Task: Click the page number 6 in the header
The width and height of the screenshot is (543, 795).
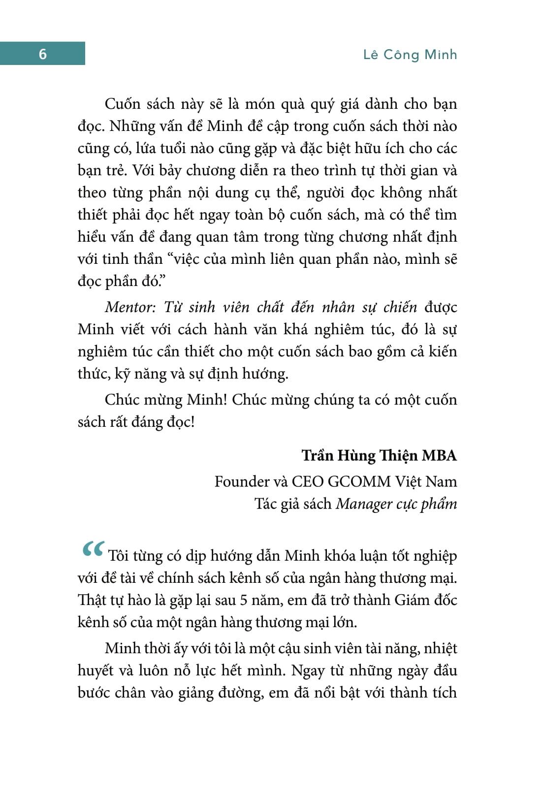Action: coord(42,54)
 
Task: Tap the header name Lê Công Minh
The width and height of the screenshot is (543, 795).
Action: coord(410,54)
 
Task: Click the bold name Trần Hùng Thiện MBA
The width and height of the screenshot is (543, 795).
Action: coord(379,455)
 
